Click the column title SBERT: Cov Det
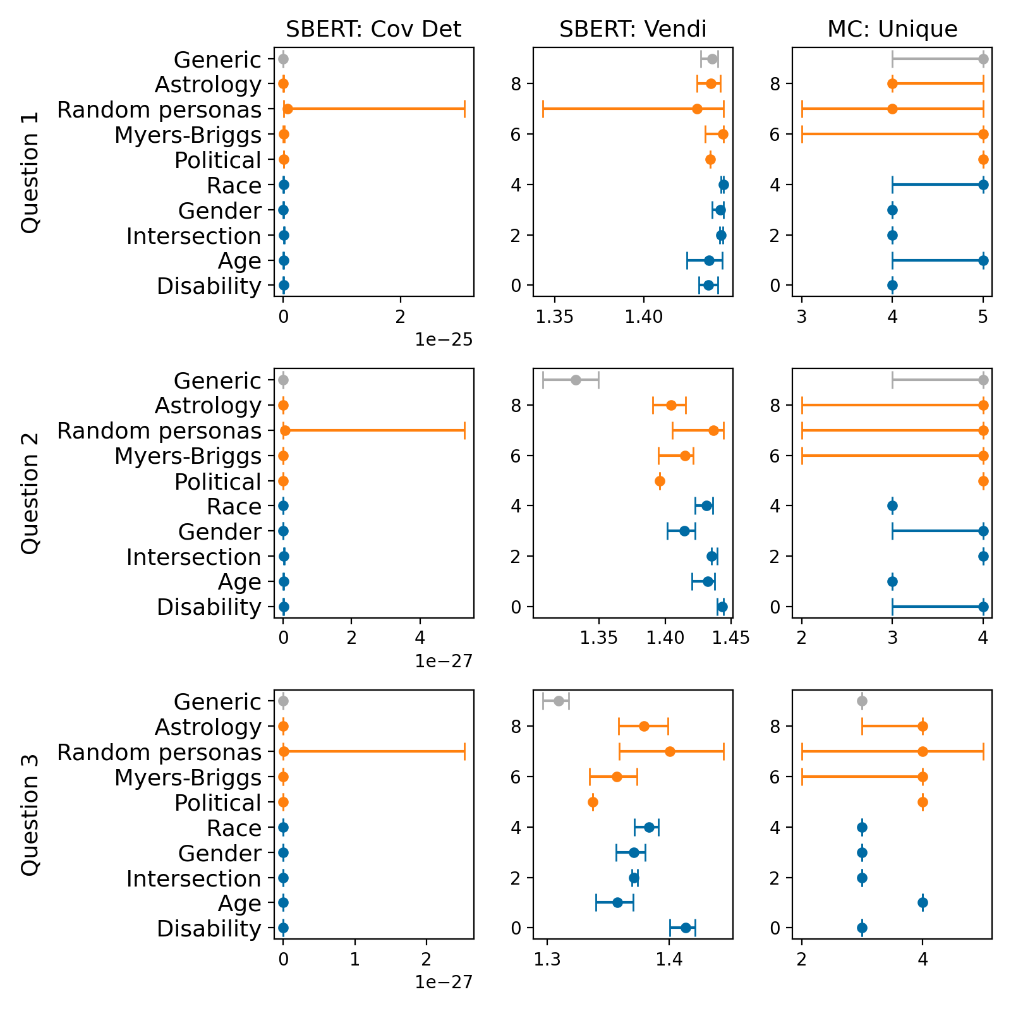click(x=373, y=29)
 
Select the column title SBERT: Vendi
click(x=633, y=29)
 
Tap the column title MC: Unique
click(x=892, y=29)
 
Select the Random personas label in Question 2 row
click(x=159, y=431)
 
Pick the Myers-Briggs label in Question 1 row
click(x=188, y=135)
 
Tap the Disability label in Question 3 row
click(x=209, y=928)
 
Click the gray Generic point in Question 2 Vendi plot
click(x=576, y=380)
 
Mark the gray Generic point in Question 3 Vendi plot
click(x=559, y=701)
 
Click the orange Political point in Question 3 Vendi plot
click(x=593, y=802)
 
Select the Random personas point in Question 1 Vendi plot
click(x=697, y=109)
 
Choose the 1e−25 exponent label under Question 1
click(x=444, y=340)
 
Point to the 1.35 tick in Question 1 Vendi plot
click(x=555, y=316)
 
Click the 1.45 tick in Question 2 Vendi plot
click(x=731, y=638)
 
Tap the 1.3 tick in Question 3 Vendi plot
click(x=547, y=959)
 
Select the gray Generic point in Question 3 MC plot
click(x=862, y=701)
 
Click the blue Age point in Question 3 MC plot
click(x=923, y=902)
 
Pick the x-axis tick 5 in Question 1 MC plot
click(x=983, y=316)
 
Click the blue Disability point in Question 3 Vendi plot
click(x=686, y=928)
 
